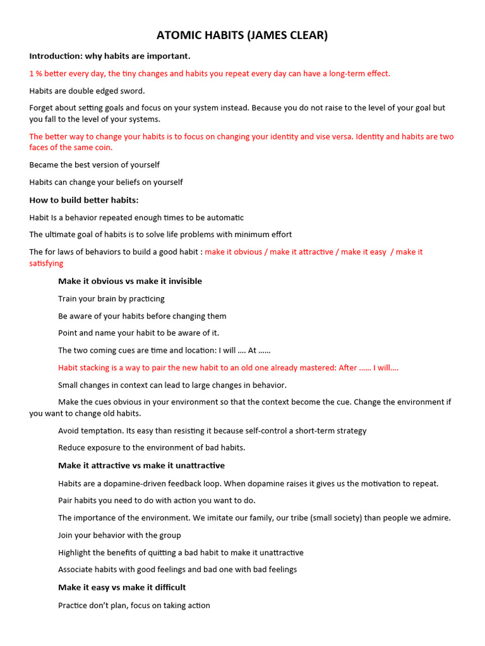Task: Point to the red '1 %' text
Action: [x=35, y=74]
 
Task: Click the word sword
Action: [x=132, y=91]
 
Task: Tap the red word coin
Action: [x=103, y=148]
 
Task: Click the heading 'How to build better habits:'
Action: [x=83, y=200]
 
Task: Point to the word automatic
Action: [x=223, y=218]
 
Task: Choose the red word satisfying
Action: [x=46, y=263]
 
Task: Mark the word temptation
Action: [x=103, y=431]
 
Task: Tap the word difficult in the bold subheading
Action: [x=165, y=587]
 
